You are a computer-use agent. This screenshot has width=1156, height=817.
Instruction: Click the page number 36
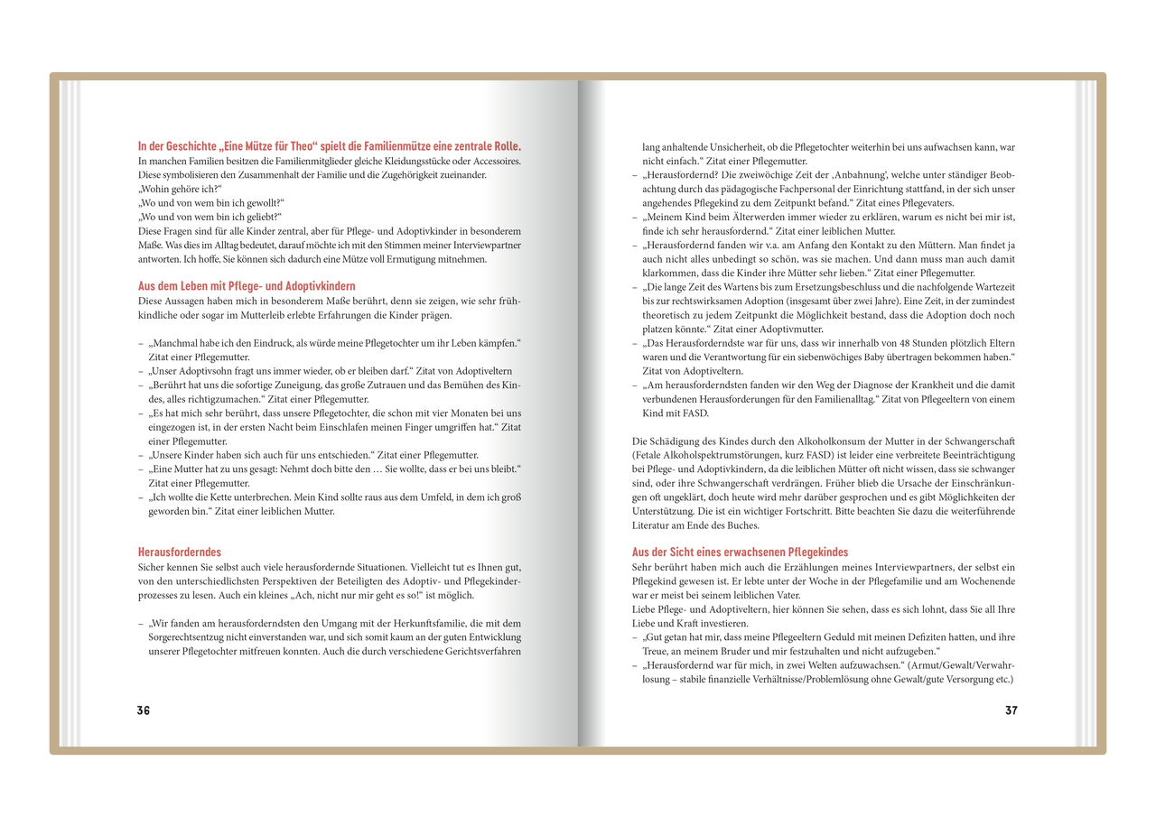click(x=144, y=710)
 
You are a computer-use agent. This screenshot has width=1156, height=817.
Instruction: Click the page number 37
click(x=1011, y=710)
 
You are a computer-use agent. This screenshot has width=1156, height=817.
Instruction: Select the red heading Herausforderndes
click(x=180, y=552)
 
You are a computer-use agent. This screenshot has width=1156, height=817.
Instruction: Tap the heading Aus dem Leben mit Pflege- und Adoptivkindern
click(x=247, y=286)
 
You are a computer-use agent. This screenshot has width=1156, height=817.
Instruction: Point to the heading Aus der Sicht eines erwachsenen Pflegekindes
click(x=740, y=552)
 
